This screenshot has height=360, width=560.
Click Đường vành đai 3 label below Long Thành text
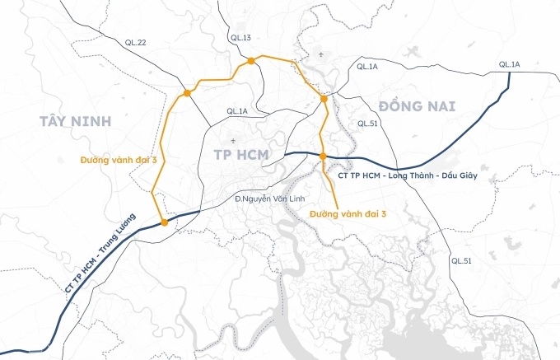coord(348,213)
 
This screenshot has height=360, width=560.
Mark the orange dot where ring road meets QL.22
coord(188,93)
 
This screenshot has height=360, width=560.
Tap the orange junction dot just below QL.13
coord(249,61)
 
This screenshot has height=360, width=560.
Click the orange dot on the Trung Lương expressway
coord(165,222)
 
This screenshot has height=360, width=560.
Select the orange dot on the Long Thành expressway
coord(323,156)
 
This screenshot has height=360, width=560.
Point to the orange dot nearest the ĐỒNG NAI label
coord(324,99)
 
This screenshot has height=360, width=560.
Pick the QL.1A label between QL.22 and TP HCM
coord(237,111)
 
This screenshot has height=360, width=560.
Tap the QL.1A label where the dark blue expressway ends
coord(509,64)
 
